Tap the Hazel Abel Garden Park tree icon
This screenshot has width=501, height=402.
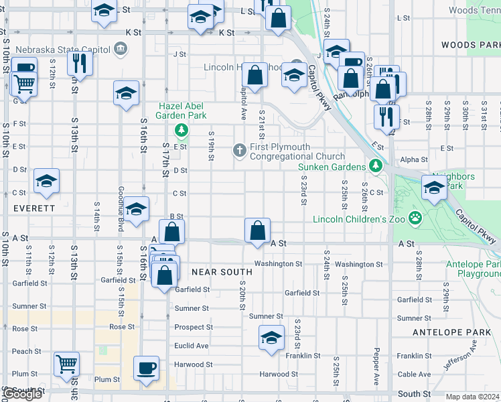pos(180,129)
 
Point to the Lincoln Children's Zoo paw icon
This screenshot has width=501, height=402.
pos(416,217)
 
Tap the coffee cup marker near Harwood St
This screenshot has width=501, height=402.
pos(147,368)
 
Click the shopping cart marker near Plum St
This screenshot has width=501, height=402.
pos(67,365)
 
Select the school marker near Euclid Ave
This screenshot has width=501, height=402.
pos(271,338)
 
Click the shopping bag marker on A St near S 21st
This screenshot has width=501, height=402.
pos(257,230)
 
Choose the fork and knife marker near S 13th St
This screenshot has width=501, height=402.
pos(80,64)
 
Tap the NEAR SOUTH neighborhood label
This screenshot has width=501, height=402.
pos(222,272)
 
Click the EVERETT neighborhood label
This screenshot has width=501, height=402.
pos(33,208)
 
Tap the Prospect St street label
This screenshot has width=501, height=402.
pos(194,328)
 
